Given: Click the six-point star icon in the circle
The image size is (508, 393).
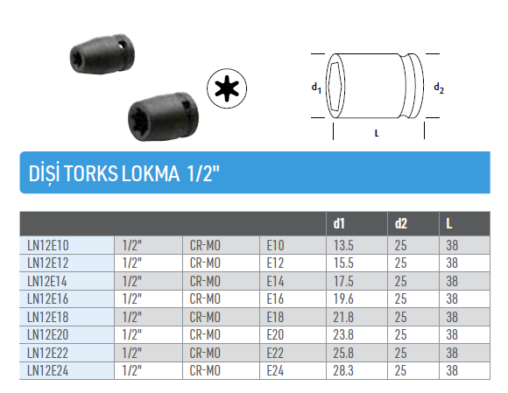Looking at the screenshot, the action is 227,88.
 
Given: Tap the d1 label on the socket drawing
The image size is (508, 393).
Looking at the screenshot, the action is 316,88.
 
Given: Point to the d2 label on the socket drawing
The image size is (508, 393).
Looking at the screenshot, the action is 439,88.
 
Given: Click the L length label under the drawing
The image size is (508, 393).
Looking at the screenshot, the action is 377,133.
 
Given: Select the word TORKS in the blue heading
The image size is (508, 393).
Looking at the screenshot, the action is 91,173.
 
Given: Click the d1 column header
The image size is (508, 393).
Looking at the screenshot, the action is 339,224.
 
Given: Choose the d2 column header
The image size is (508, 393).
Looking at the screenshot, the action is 401,224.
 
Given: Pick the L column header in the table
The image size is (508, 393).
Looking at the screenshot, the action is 449,224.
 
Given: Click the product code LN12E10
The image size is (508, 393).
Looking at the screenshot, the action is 48,245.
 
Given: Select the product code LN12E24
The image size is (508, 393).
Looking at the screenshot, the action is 48,370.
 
